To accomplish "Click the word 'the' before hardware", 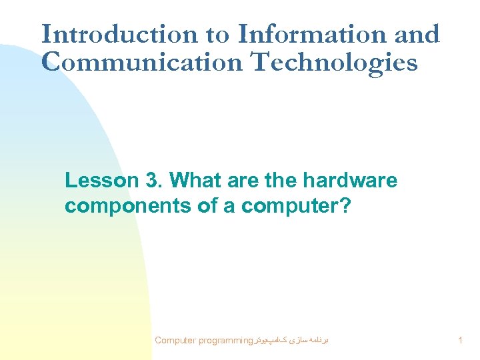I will tap(281, 181).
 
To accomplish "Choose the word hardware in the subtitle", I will tap(350, 181).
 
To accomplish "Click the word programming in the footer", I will tap(221, 341).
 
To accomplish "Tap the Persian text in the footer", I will tap(290, 340).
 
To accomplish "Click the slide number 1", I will tap(461, 341).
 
